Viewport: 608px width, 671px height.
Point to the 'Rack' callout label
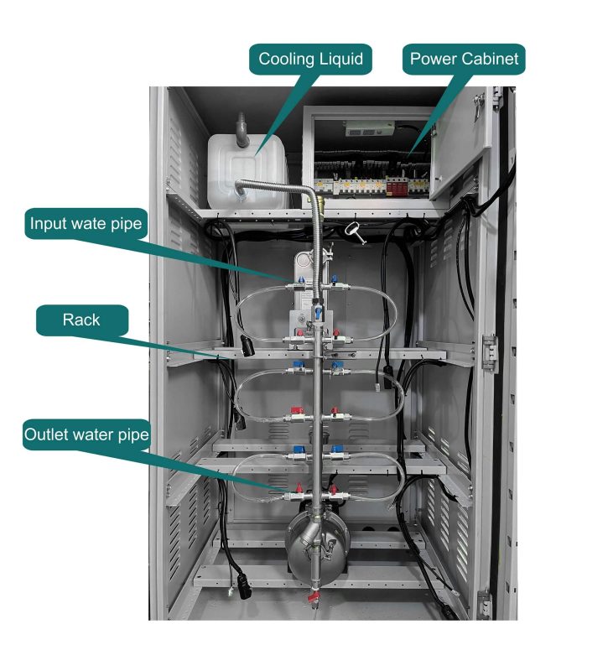click(81, 320)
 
